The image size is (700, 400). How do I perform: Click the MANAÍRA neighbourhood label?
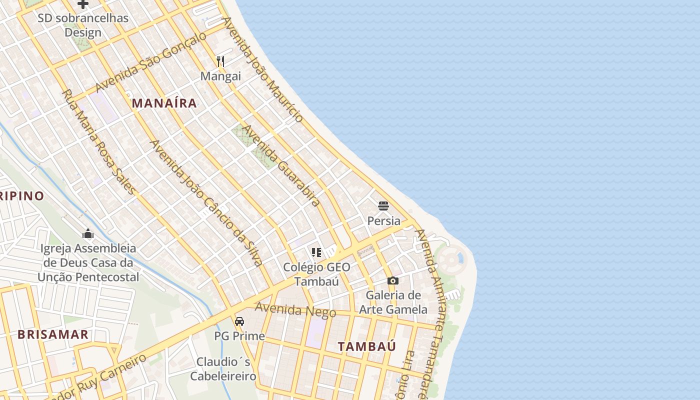pos(164,103)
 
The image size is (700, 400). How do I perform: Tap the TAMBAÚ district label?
pos(367,346)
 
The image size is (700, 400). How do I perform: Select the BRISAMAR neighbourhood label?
pos(53,334)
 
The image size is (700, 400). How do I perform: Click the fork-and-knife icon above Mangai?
pos(220,61)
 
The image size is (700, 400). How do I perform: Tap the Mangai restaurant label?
pos(220,76)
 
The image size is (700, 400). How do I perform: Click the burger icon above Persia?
pos(383,205)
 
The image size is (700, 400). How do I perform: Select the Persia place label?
pos(383,220)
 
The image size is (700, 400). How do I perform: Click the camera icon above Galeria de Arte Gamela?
pos(393,280)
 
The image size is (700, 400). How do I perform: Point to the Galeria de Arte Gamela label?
pos(393,302)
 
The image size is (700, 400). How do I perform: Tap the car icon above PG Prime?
pos(239,321)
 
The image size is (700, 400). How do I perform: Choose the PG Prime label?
pos(239,336)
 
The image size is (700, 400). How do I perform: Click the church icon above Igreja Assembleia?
pos(88,233)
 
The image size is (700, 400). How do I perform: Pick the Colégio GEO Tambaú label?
pos(316,274)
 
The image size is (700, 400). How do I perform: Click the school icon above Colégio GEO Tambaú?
pos(316,252)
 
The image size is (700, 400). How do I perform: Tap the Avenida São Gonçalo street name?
pos(150,62)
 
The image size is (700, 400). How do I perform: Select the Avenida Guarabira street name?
pos(281,165)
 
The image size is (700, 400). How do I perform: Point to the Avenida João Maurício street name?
pos(262,69)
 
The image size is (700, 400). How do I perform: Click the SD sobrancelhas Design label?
pos(83,25)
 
